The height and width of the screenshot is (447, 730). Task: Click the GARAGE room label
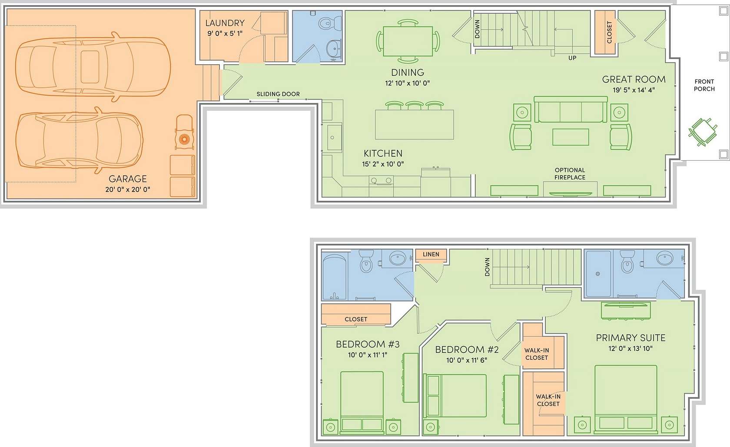pos(127,179)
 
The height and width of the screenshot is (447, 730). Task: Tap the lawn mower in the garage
pos(184,132)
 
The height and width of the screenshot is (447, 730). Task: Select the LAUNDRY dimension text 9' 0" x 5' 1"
pos(225,33)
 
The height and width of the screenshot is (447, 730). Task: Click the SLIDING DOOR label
pos(278,94)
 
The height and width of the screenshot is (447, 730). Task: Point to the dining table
pos(408,41)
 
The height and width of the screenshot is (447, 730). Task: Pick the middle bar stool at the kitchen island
pos(415,106)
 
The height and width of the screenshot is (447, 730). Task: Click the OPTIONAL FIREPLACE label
pos(570,174)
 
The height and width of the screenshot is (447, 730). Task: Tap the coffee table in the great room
pos(571,137)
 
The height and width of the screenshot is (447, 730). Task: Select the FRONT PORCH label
pos(704,85)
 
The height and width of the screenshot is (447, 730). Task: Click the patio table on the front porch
pos(703,132)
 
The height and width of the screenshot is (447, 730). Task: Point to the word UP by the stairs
pos(572,58)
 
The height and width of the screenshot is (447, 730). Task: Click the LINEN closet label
pos(431,254)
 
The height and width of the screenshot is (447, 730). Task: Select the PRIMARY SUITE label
pos(630,338)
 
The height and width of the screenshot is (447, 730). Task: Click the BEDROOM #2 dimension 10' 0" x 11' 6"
pos(467,361)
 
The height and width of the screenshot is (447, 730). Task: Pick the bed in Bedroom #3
pos(362,403)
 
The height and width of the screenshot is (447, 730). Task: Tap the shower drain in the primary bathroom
pos(598,274)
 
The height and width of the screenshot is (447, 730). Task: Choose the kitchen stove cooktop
pos(381,181)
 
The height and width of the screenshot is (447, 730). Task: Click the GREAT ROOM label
pos(634,79)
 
